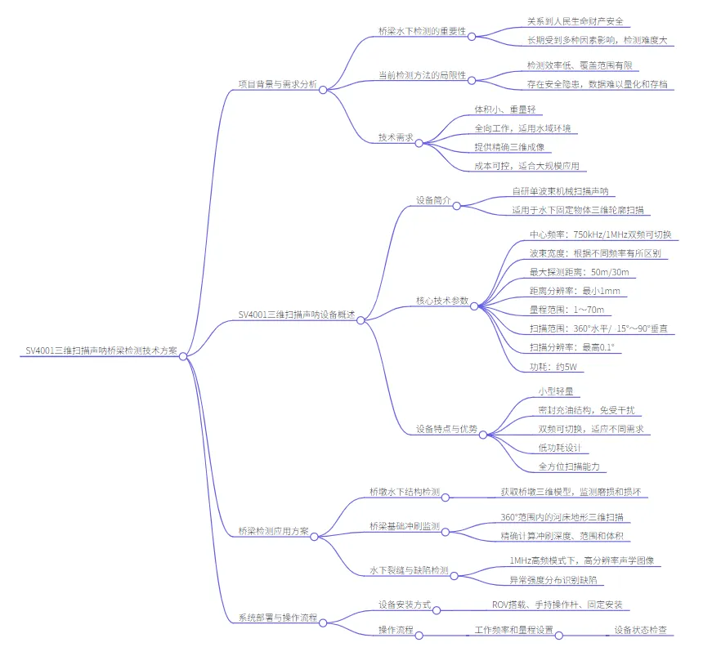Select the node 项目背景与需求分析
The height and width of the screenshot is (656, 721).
(277, 84)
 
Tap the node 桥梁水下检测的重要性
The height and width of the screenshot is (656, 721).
(422, 32)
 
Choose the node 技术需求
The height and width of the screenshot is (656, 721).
(395, 138)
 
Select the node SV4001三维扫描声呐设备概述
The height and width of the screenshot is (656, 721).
(297, 314)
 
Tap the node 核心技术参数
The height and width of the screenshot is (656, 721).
(442, 301)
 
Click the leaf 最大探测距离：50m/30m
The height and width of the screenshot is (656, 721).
(579, 272)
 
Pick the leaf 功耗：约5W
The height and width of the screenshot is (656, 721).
(553, 367)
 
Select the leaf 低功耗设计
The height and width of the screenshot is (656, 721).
(558, 448)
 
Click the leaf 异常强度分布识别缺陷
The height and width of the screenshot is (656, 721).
(552, 579)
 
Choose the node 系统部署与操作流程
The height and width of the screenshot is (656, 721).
(277, 618)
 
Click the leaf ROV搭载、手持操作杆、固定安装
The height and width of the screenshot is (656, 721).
(556, 605)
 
